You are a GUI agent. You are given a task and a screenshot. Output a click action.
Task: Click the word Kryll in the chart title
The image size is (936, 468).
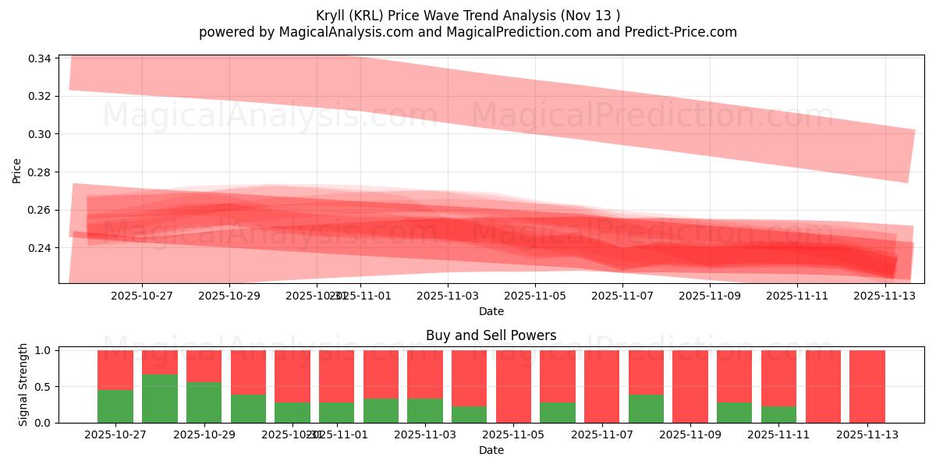pyautogui.click(x=332, y=16)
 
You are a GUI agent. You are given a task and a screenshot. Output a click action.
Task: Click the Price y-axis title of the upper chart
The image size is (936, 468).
pyautogui.click(x=17, y=169)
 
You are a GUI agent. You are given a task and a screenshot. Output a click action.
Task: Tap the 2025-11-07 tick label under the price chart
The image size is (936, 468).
pyautogui.click(x=622, y=296)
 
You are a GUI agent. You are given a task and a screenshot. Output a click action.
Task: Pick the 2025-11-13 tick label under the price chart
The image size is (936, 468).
pyautogui.click(x=885, y=296)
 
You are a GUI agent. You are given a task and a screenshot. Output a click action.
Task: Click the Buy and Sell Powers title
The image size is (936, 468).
pyautogui.click(x=491, y=336)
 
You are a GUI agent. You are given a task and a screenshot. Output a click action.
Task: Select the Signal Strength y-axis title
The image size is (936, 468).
pyautogui.click(x=23, y=385)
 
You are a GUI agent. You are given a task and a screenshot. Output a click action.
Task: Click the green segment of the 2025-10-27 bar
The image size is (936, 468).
pyautogui.click(x=115, y=406)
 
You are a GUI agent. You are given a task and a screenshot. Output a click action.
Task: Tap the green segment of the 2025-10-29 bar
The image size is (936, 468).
pyautogui.click(x=204, y=402)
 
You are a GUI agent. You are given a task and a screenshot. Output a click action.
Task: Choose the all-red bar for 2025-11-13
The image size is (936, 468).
pyautogui.click(x=867, y=386)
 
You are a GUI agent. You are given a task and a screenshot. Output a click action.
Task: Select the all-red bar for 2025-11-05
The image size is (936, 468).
pyautogui.click(x=513, y=386)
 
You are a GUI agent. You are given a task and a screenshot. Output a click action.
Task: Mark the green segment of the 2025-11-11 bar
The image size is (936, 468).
pyautogui.click(x=778, y=414)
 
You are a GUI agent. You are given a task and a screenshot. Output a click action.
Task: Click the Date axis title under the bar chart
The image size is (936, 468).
pyautogui.click(x=491, y=450)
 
